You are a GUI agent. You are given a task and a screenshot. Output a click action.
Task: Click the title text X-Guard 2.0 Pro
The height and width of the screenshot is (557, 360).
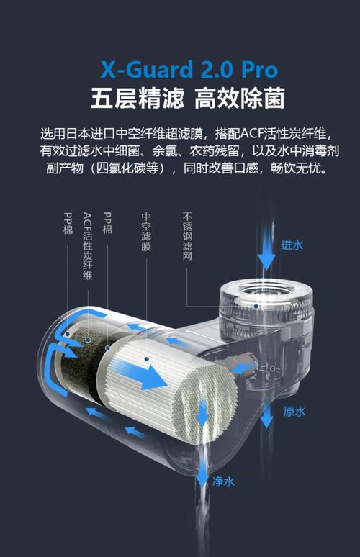click(189, 70)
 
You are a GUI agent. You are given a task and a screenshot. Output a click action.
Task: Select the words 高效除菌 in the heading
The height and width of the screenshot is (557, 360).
click(239, 98)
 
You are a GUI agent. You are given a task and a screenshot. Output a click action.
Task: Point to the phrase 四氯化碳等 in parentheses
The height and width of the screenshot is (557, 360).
click(135, 168)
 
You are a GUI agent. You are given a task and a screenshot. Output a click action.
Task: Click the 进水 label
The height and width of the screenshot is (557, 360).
click(292, 245)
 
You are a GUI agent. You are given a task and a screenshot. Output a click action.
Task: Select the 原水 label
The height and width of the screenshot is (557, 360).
click(294, 412)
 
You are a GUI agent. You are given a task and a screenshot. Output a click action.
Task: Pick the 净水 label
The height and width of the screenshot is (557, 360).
click(224, 481)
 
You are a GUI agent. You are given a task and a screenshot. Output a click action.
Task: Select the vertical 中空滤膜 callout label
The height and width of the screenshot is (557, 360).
click(146, 231)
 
